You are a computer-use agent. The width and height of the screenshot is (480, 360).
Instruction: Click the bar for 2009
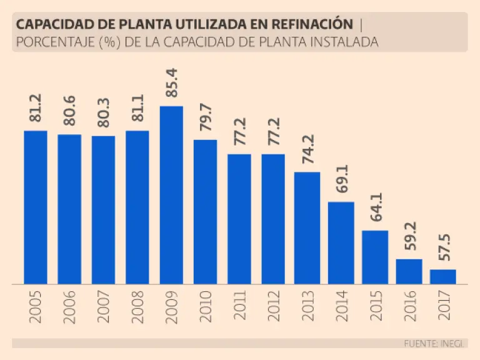171,195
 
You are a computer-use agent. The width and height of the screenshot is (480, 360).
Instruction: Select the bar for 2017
442,277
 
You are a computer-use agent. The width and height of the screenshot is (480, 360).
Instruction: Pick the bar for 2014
341,243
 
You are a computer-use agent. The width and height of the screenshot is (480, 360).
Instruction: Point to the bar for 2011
239,219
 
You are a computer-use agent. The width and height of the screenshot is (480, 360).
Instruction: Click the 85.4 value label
172,81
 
